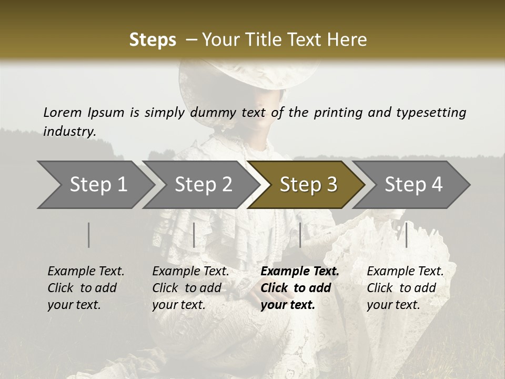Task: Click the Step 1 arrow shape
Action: pos(97,184)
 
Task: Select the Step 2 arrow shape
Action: pos(203,184)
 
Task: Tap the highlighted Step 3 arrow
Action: pos(308,184)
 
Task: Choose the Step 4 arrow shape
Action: pos(413,184)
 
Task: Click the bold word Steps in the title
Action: pos(153,40)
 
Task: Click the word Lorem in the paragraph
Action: pos(63,112)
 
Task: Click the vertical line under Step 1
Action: pos(89,235)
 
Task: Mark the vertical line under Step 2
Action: pos(194,235)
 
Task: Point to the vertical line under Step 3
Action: pos(300,235)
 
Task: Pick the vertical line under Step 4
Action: pos(406,235)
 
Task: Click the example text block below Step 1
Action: pos(86,288)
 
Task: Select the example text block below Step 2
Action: pos(190,288)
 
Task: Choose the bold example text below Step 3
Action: pos(300,288)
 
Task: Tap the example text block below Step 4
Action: pos(405,288)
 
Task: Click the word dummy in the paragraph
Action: pos(213,112)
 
